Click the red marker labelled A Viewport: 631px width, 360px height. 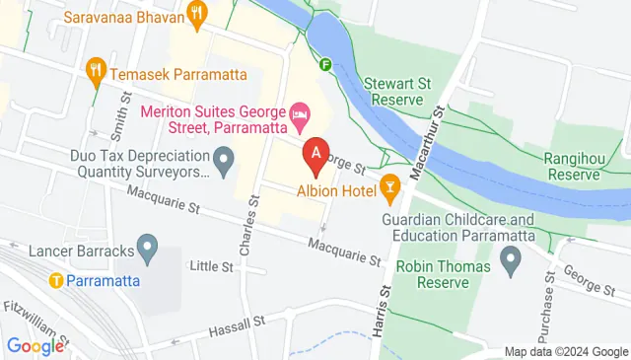click(315, 155)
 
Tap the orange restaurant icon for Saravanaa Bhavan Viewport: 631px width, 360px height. click(198, 14)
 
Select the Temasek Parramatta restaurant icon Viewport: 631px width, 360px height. click(96, 69)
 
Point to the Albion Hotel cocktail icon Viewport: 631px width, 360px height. click(390, 186)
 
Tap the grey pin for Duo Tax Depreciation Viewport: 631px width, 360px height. click(224, 157)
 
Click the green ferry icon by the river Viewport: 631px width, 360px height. click(325, 65)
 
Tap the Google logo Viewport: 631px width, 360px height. click(35, 345)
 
